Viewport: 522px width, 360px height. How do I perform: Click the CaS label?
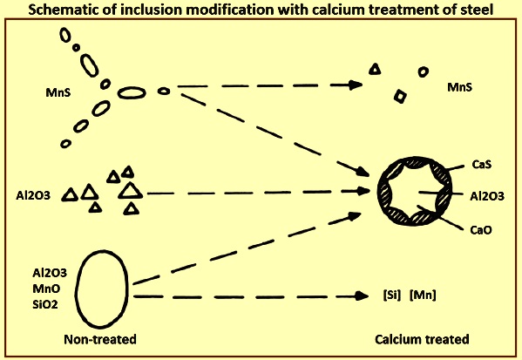[481, 164]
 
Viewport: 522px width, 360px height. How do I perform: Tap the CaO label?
[481, 230]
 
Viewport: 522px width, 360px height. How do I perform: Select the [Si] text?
[392, 295]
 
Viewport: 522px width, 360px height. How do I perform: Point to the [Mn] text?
[423, 295]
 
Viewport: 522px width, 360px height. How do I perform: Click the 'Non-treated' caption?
[100, 339]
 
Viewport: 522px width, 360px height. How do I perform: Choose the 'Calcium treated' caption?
[422, 339]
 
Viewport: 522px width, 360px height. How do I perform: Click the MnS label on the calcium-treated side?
[460, 87]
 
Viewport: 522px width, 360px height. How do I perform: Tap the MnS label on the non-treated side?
[58, 92]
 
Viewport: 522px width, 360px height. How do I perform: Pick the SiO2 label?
[45, 304]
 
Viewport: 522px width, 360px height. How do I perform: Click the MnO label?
[46, 289]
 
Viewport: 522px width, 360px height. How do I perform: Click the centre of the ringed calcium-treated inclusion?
[415, 192]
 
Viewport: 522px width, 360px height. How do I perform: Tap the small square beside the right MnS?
[400, 97]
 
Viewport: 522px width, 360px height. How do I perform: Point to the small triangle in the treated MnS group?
[376, 69]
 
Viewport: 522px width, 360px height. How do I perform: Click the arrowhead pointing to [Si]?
[363, 295]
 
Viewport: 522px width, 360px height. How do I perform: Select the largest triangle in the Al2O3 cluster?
[130, 191]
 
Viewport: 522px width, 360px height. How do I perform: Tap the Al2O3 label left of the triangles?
[33, 195]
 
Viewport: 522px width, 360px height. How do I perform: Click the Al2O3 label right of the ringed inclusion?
[487, 196]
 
